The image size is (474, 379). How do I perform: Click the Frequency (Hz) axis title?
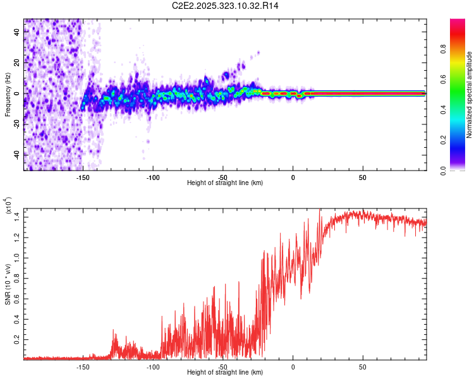click(x=8, y=95)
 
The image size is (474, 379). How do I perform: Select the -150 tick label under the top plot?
click(x=83, y=177)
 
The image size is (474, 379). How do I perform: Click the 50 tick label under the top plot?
click(x=363, y=177)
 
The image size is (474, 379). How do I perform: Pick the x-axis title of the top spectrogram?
click(x=225, y=183)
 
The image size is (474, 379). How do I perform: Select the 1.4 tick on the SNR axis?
click(x=17, y=217)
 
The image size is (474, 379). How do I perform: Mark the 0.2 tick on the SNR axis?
click(x=17, y=339)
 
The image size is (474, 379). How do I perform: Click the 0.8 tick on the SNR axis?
click(x=17, y=278)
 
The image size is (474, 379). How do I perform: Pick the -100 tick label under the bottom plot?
click(x=153, y=366)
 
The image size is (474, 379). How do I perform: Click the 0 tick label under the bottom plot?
click(x=293, y=366)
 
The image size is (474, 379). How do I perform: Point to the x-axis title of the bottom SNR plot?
click(x=225, y=373)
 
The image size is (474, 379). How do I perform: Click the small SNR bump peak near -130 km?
click(x=114, y=330)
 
